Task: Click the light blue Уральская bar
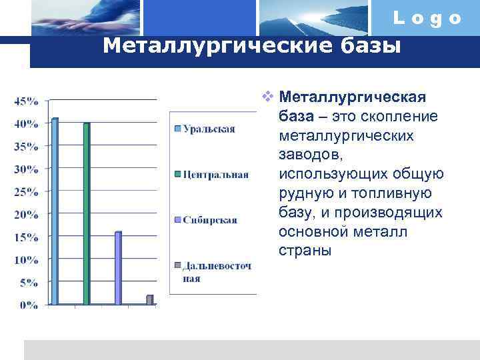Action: (55, 212)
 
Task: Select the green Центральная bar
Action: (86, 214)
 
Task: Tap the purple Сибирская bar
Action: (118, 268)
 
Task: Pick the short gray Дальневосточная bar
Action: (150, 300)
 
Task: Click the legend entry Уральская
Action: (209, 129)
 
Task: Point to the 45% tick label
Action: (26, 101)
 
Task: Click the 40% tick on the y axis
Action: (26, 124)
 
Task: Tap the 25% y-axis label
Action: (26, 192)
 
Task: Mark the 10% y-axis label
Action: (26, 260)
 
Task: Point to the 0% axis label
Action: (29, 305)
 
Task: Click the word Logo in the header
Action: (427, 19)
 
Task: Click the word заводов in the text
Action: (310, 155)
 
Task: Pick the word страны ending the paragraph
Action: (305, 251)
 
